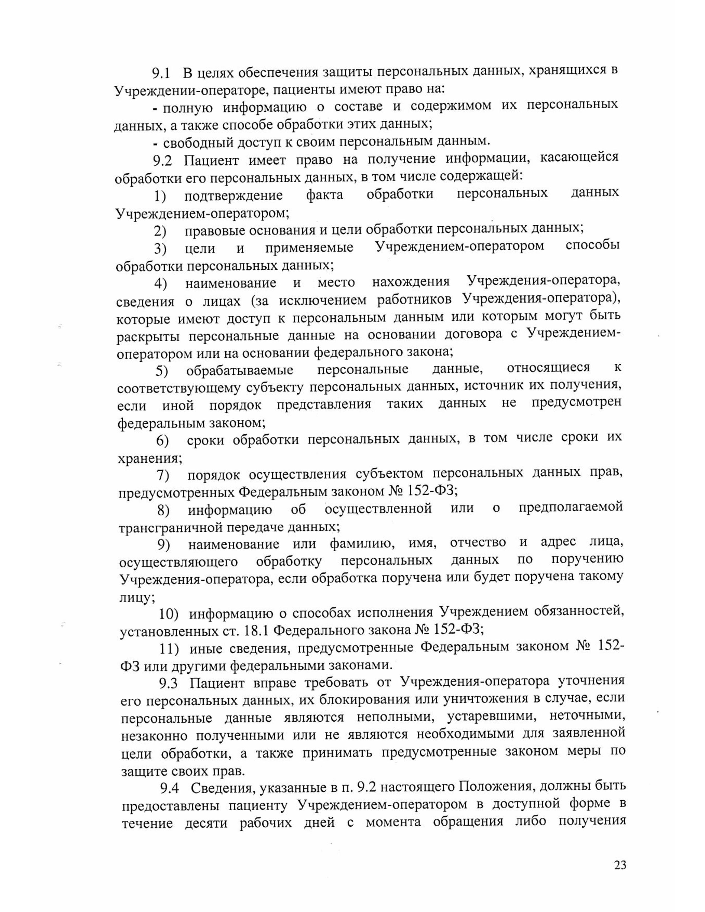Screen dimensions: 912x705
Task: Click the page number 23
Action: tap(620, 865)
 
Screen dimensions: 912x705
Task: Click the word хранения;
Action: tap(150, 458)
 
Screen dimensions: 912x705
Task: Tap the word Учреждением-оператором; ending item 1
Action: tap(202, 213)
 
